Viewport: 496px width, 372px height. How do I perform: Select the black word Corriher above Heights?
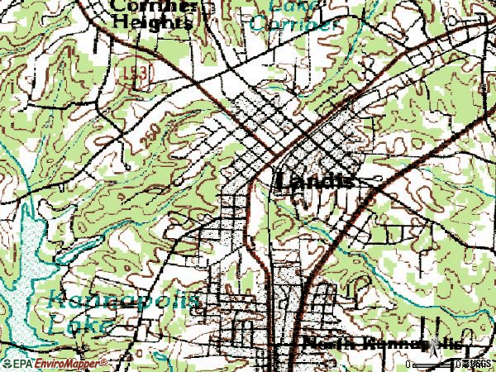[x=154, y=5]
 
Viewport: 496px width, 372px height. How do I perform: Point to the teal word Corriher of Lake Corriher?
[x=293, y=23]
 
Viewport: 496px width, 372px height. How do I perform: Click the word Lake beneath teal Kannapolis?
[x=78, y=323]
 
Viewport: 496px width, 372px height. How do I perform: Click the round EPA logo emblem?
[x=7, y=363]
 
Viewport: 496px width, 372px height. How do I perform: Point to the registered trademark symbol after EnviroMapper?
[x=105, y=361]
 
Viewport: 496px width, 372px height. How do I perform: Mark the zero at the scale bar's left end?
[x=410, y=364]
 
